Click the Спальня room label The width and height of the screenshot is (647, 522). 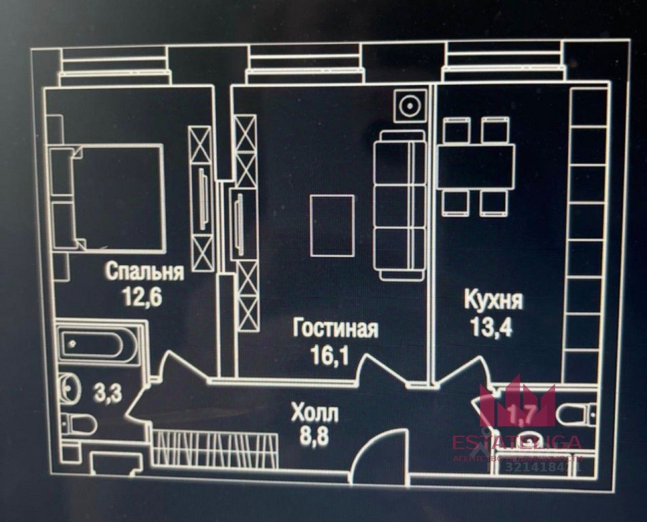(144, 272)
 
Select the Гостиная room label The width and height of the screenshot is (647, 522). (335, 329)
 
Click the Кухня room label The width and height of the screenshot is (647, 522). (493, 302)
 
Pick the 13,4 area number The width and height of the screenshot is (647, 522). (491, 327)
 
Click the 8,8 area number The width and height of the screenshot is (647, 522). (314, 437)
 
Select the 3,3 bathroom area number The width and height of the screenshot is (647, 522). (108, 393)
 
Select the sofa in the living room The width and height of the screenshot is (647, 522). (399, 205)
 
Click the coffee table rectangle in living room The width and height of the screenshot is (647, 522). (332, 225)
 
